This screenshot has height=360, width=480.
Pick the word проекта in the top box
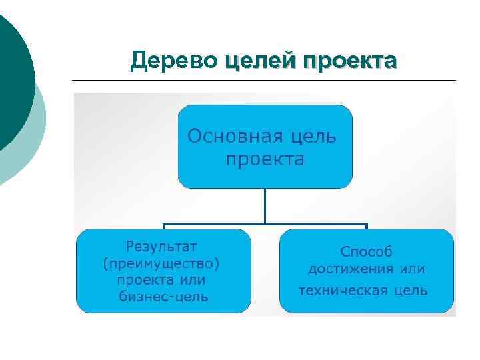pyautogui.click(x=265, y=160)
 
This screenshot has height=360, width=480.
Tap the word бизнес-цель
pyautogui.click(x=163, y=297)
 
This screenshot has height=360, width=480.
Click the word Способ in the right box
pyautogui.click(x=367, y=252)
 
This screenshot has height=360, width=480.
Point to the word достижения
pyautogui.click(x=350, y=270)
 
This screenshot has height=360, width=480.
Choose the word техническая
pyautogui.click(x=341, y=291)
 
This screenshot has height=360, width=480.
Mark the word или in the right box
pyautogui.click(x=413, y=270)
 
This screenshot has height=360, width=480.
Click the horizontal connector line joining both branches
pyautogui.click(x=265, y=224)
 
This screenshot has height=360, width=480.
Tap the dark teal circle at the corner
pyautogui.click(x=12, y=73)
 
